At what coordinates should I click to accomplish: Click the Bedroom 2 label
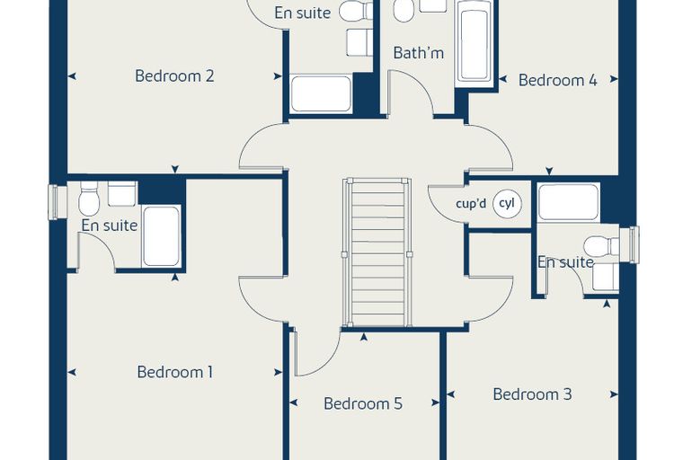tap(174, 75)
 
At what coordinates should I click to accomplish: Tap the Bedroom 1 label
tap(174, 372)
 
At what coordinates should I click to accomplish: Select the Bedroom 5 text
tap(363, 403)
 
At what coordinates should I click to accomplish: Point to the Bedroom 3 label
tap(532, 394)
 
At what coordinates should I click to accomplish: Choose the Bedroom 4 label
tap(557, 80)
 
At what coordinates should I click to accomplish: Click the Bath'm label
tap(418, 53)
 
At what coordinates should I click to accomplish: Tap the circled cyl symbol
tap(507, 203)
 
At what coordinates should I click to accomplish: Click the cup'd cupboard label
tap(471, 203)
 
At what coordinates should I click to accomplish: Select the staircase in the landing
tap(377, 252)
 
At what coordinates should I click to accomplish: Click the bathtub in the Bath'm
tap(474, 43)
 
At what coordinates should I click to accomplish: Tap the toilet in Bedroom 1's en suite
tap(89, 199)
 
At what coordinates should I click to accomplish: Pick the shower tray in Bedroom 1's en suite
tap(161, 236)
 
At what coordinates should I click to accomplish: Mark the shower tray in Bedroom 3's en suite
tap(569, 202)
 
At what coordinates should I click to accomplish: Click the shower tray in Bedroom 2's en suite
tap(322, 93)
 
